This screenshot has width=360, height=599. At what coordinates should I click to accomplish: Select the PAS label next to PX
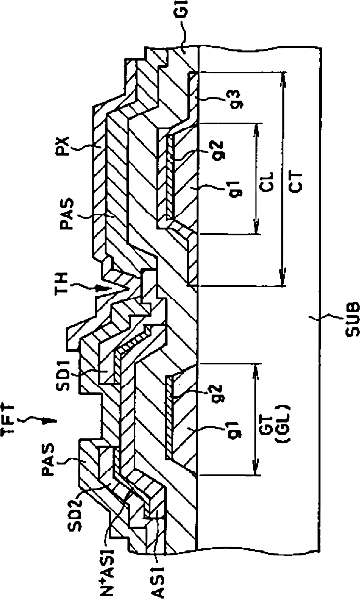pyautogui.click(x=66, y=214)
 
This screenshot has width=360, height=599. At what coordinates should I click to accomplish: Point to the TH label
pyautogui.click(x=61, y=282)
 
